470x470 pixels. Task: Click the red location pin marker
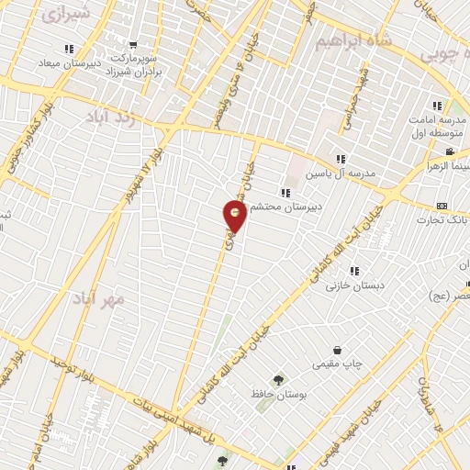(x=236, y=216)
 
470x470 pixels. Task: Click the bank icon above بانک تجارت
(x=442, y=205)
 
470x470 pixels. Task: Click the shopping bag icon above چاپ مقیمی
(x=338, y=350)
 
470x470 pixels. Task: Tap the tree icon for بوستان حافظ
(x=277, y=379)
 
